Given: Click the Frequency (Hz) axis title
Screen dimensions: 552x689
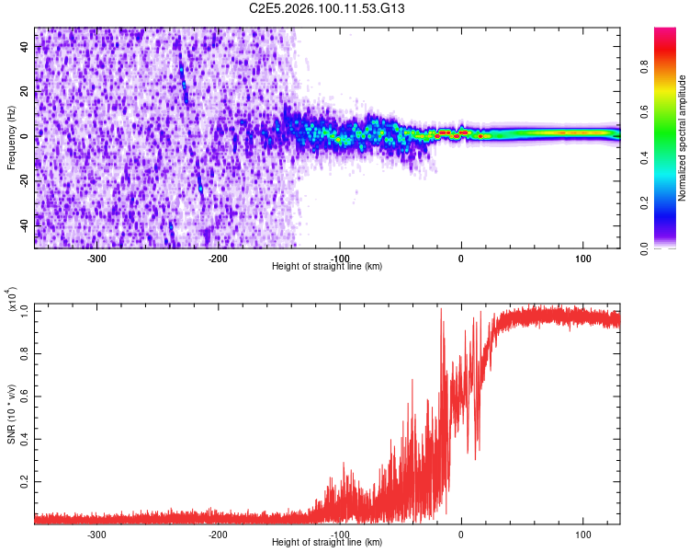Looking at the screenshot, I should (x=11, y=138).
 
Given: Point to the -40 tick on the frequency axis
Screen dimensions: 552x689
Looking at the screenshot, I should (x=24, y=224).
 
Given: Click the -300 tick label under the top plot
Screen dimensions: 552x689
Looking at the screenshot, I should (x=97, y=258).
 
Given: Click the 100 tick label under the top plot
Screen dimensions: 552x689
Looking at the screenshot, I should (x=582, y=258).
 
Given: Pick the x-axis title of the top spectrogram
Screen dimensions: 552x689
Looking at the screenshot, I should (x=327, y=267).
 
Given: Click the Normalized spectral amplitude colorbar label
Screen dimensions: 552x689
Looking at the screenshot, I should (x=682, y=138).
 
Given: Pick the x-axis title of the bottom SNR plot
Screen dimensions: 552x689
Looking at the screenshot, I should (x=327, y=543).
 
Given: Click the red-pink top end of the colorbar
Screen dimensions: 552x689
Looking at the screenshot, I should (x=666, y=33).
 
